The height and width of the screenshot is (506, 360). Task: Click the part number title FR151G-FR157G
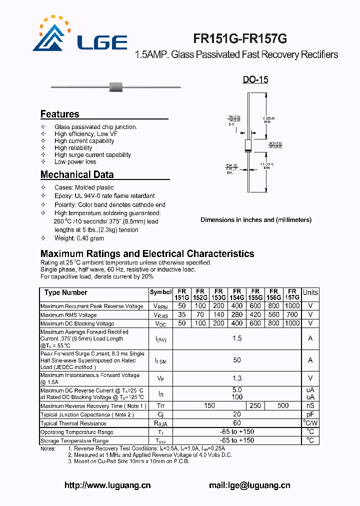coord(240,39)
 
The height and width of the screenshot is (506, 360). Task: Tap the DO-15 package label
coord(255,79)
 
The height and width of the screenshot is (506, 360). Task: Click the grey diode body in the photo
coord(116,86)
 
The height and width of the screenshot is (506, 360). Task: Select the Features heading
coord(59,114)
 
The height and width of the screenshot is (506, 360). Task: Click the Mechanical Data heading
coord(76,174)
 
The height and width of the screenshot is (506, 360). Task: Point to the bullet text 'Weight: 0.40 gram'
coord(79,238)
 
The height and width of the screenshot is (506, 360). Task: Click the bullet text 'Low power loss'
coord(75,162)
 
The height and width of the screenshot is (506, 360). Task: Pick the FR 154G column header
coord(237,294)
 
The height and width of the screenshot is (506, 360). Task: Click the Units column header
coord(310,292)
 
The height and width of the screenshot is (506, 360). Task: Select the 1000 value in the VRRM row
coord(292,306)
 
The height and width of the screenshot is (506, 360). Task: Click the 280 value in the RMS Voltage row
coord(237,315)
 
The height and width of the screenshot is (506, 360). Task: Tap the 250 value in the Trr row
coord(255,406)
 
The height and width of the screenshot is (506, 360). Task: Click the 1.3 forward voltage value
coord(237,378)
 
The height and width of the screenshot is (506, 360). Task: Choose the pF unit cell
coord(310,414)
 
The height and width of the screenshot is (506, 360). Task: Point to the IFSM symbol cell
coord(160,360)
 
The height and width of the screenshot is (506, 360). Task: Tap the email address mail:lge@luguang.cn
coord(249,485)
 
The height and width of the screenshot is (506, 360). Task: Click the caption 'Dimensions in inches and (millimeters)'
coord(255,220)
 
